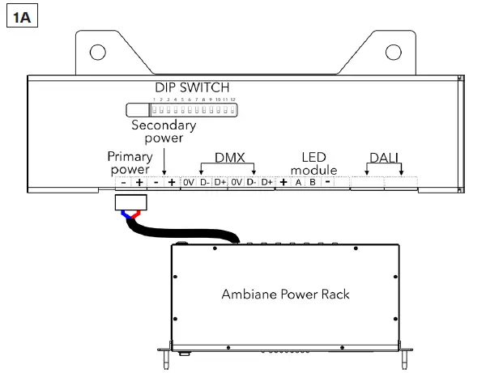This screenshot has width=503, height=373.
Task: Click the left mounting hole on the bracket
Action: click(98, 53)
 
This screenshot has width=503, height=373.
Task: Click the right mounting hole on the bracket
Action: click(394, 53)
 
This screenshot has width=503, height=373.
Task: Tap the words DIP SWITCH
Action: click(192, 87)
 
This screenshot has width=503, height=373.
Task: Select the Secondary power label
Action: click(164, 131)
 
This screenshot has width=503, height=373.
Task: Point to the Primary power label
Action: click(129, 162)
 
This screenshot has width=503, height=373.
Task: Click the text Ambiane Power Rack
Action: click(285, 294)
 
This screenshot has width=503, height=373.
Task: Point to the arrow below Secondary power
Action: click(164, 163)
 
